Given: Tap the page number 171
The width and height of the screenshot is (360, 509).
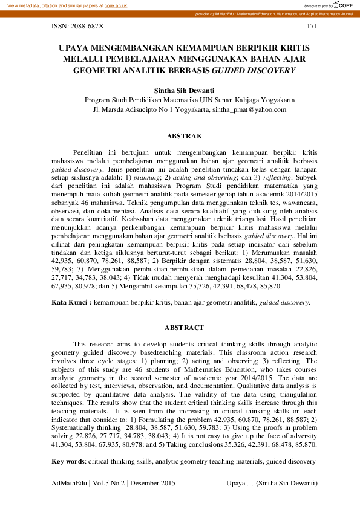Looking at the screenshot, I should point(312,26).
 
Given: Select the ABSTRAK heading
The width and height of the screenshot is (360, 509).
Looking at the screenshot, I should point(180,137).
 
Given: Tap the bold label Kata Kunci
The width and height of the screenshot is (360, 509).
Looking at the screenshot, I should point(71,302).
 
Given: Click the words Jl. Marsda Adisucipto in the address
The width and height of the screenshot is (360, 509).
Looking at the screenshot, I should point(127,109).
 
